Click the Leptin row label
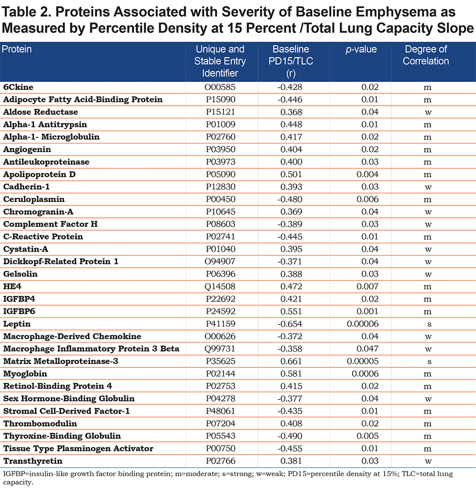17,324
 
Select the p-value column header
361,49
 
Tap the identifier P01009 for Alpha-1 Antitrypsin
221,124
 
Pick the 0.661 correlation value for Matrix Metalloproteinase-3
291,361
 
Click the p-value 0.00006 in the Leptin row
363,324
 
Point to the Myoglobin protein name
25,374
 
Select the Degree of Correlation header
426,55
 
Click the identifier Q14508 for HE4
220,286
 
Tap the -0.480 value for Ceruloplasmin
290,199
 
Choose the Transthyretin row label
33,461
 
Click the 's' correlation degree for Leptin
429,324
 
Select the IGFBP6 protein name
19,311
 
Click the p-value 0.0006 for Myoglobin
365,374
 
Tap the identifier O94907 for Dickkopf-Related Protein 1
220,262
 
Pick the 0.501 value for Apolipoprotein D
291,174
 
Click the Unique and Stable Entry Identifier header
220,61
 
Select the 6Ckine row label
18,87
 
